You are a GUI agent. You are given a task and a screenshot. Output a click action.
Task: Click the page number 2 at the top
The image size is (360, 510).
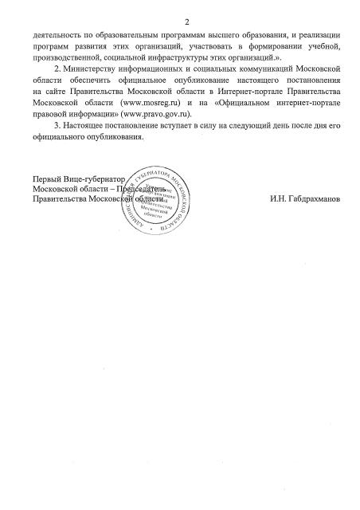pos(182,22)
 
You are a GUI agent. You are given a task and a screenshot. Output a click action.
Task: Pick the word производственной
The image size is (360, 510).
pos(70,60)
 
